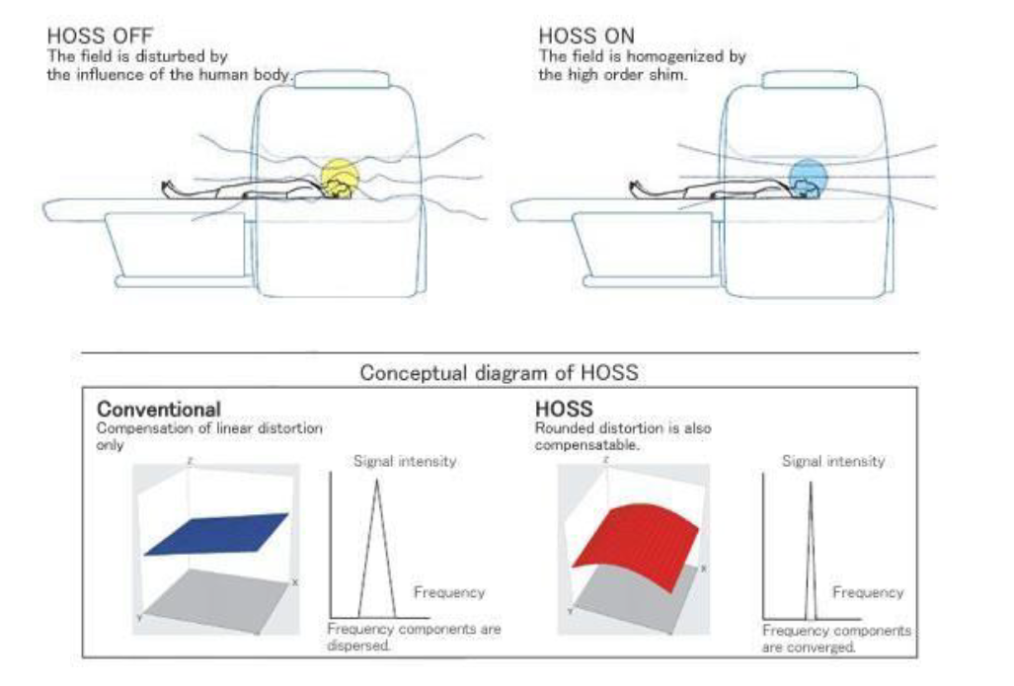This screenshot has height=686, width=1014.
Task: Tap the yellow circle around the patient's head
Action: (340, 177)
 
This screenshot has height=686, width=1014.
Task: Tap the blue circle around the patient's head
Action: (808, 177)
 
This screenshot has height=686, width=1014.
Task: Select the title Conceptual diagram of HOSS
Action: (499, 372)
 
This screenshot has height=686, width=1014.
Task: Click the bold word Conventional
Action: (158, 410)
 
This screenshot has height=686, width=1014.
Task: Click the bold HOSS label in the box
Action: (563, 409)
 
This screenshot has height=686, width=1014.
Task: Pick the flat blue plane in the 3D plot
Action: (216, 534)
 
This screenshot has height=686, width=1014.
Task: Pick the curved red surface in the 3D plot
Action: (635, 545)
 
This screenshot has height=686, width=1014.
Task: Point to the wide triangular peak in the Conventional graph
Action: (376, 548)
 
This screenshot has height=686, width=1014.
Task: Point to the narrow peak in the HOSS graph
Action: (811, 550)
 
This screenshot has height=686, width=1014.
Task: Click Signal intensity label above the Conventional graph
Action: (405, 461)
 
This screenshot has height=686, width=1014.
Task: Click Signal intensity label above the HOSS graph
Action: (833, 461)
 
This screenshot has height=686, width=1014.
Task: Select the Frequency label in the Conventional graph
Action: (449, 592)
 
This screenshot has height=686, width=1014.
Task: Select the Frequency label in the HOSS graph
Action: (867, 592)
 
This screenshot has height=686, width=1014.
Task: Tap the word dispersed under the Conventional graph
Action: (358, 646)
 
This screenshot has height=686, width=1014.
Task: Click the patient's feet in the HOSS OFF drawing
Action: (168, 188)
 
